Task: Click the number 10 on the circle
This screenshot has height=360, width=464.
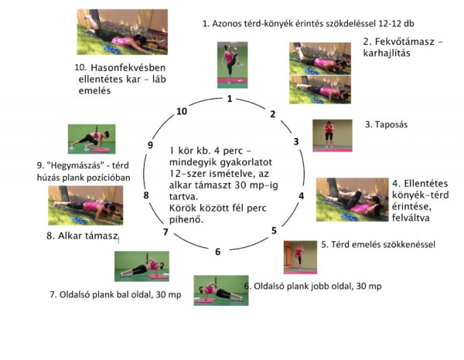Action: point(182,111)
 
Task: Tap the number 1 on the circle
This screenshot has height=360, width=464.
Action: point(230,99)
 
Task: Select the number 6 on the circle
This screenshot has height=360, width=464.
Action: point(218,252)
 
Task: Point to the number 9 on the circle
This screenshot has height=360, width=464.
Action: point(150,145)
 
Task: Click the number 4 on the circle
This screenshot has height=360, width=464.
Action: point(302,195)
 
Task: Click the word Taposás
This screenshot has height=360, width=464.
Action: point(391,124)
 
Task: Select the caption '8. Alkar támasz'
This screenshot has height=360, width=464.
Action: point(82,236)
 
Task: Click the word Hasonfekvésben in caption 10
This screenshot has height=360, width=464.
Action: point(128,68)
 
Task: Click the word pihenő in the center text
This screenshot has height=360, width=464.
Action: point(186,219)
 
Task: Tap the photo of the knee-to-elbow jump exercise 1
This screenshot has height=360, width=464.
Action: point(232,65)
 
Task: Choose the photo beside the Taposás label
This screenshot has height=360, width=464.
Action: point(333,136)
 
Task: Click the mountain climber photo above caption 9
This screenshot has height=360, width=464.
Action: point(92,139)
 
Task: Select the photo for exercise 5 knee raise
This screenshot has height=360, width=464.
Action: point(300,257)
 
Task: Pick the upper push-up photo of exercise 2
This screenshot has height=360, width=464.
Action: point(320,59)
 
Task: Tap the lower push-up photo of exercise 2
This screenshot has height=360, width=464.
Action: point(320,90)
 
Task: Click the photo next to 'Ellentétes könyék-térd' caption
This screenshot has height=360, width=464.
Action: point(352,199)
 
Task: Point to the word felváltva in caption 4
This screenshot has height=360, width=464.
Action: point(407,218)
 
